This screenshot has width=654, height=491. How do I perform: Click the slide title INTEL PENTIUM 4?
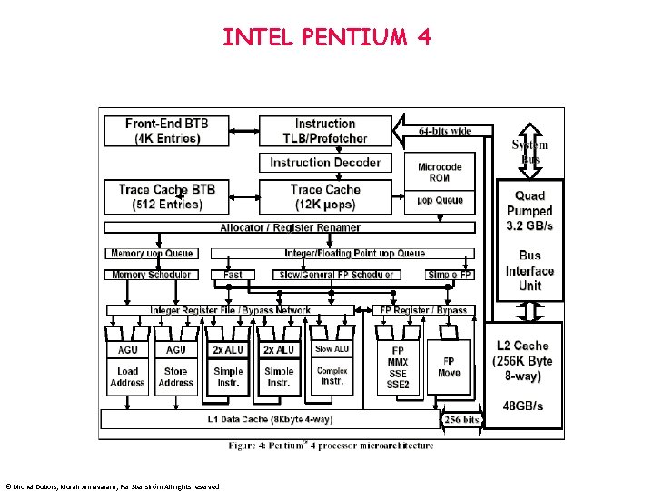point(327,37)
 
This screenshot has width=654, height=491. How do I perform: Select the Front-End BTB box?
point(167,131)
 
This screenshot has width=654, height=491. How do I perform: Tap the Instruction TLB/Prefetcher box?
point(325,131)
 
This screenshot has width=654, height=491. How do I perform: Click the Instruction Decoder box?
point(325,163)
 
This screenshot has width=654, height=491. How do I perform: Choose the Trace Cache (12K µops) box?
point(325,196)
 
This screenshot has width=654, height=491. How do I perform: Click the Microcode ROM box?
point(441,172)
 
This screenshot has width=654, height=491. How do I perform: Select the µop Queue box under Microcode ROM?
point(441,200)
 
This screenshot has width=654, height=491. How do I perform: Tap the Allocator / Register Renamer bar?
point(290,227)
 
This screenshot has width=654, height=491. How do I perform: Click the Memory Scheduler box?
point(152,275)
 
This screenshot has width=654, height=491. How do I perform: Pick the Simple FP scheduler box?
point(451,275)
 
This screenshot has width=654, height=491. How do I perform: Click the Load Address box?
point(127,376)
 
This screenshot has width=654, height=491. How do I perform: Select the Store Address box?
point(176,376)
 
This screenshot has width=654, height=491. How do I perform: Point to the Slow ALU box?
point(332,349)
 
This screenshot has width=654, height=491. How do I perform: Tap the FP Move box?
point(449,366)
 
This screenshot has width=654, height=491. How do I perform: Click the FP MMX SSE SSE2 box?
point(398,366)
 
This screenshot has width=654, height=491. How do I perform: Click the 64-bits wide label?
point(445,131)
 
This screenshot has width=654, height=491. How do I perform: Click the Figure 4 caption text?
point(331,446)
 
